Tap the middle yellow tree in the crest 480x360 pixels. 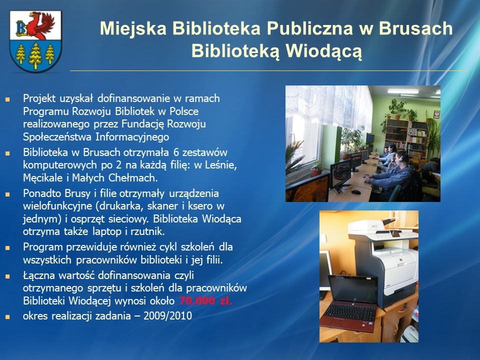tap(35, 56)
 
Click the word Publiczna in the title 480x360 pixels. tap(310, 28)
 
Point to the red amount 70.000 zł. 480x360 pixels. tap(205, 300)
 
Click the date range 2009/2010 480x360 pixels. tap(168, 315)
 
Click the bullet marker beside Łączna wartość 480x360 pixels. tap(7, 276)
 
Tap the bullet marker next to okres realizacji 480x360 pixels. tap(7, 316)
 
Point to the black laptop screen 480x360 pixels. tap(352, 288)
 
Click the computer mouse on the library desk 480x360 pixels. tap(355, 192)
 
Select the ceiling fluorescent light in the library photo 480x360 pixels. tap(403, 91)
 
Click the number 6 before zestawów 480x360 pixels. tap(175, 152)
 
